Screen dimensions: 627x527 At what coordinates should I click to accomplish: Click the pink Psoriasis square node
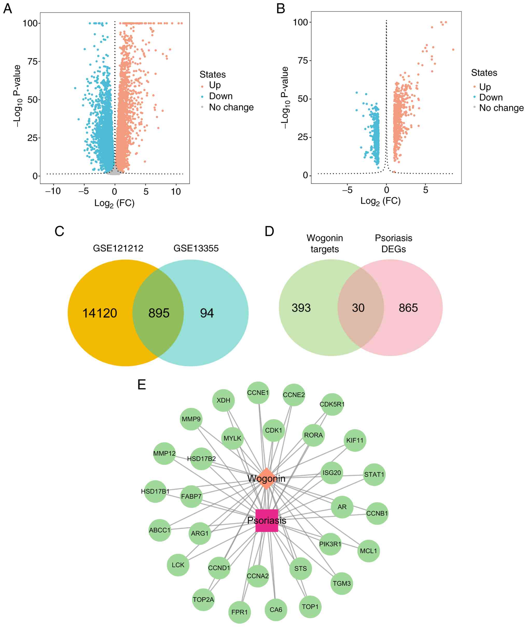click(x=267, y=520)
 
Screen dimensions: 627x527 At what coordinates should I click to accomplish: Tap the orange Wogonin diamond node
click(x=266, y=478)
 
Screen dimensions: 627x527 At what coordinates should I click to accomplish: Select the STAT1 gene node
click(x=374, y=474)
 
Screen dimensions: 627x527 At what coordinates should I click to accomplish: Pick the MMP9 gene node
click(x=191, y=419)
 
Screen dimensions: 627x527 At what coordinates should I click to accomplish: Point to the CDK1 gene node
click(x=273, y=430)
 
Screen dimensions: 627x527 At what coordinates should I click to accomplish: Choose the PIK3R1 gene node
click(x=330, y=544)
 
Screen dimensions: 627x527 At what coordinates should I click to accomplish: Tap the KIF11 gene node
click(x=355, y=440)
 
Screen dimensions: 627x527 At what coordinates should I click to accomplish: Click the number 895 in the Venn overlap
click(x=159, y=313)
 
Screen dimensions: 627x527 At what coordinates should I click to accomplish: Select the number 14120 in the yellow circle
click(x=100, y=313)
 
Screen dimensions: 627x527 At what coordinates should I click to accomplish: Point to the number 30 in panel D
click(x=358, y=308)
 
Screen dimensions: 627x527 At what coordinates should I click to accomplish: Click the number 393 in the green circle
click(x=301, y=308)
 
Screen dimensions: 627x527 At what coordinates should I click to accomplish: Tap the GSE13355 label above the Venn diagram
click(x=196, y=248)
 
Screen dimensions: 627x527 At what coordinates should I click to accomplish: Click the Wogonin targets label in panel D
click(x=325, y=243)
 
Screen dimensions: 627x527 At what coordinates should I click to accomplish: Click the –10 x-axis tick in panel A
click(x=53, y=191)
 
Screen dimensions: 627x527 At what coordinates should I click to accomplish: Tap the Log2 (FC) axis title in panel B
click(x=380, y=201)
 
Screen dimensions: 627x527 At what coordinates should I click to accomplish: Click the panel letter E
click(x=142, y=385)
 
